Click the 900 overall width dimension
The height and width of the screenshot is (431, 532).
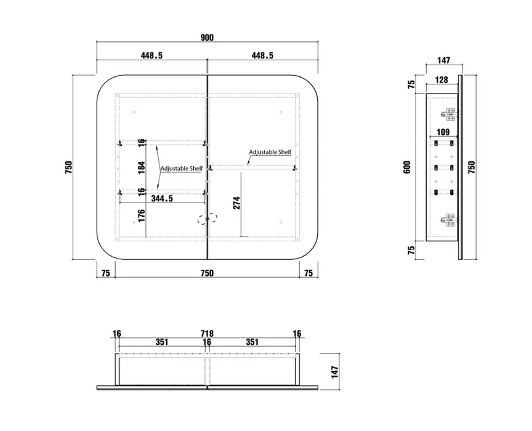pyautogui.click(x=207, y=38)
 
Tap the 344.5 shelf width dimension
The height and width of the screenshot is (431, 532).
pyautogui.click(x=162, y=198)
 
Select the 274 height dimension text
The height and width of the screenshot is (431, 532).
pyautogui.click(x=236, y=203)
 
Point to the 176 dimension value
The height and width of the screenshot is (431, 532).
pyautogui.click(x=142, y=216)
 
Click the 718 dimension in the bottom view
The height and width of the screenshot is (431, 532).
pyautogui.click(x=207, y=334)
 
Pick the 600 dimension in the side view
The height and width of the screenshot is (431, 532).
pyautogui.click(x=407, y=167)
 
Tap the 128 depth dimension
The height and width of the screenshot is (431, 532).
pyautogui.click(x=441, y=80)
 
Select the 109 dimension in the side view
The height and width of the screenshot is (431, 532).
pyautogui.click(x=443, y=132)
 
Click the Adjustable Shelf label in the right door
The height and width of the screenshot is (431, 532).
pyautogui.click(x=270, y=152)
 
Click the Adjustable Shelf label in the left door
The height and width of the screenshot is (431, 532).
pyautogui.click(x=182, y=168)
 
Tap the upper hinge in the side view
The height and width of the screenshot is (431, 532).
pyautogui.click(x=450, y=115)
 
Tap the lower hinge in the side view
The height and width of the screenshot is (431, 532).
pyautogui.click(x=450, y=220)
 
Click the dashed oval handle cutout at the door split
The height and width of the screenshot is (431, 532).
pyautogui.click(x=208, y=219)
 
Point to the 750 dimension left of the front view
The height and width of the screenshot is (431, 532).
pyautogui.click(x=68, y=167)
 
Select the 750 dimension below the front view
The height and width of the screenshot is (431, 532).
pyautogui.click(x=207, y=273)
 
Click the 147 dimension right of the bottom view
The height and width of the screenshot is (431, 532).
pyautogui.click(x=335, y=372)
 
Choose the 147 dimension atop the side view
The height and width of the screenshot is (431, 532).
pyautogui.click(x=443, y=60)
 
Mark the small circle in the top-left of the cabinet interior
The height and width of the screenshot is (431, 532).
pyautogui.click(x=134, y=112)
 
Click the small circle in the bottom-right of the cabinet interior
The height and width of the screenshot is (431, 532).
pyautogui.click(x=281, y=222)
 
